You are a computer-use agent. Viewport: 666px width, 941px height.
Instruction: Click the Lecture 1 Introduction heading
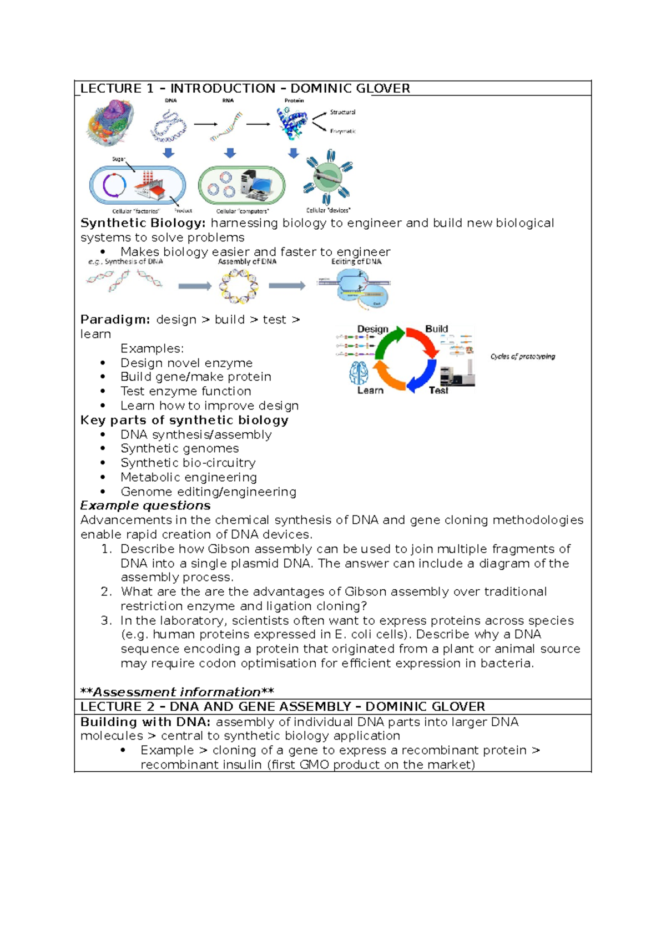coord(245,89)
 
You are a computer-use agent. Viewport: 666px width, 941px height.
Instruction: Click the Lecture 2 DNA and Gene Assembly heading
coord(282,706)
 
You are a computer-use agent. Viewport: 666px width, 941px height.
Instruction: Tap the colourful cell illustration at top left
coord(110,123)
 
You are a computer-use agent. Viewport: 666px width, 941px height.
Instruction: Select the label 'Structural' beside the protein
coord(342,112)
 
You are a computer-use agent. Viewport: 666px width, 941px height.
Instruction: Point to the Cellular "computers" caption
coord(243,211)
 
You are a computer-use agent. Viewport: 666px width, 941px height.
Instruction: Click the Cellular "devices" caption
coord(328,210)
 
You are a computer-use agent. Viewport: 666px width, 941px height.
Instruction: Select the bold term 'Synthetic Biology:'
coord(143,223)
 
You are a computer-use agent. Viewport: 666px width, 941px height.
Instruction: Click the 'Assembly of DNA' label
coord(247,261)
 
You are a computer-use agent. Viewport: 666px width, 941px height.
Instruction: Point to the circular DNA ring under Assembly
coord(239,286)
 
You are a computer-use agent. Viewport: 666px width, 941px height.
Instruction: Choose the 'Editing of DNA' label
coord(356,261)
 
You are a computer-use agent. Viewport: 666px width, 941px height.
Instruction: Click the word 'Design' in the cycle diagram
coord(372,329)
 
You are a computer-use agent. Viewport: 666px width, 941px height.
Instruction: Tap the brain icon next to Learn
coord(359,373)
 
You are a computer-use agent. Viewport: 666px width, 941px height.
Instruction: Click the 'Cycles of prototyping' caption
coord(522,356)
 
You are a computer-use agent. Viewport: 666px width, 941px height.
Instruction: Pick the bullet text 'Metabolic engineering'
coord(189,477)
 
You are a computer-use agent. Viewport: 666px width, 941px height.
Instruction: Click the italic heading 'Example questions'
coord(145,505)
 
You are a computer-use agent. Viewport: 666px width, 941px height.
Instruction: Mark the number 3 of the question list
coord(107,620)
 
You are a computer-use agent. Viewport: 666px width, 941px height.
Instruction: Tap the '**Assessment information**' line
coord(177,692)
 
